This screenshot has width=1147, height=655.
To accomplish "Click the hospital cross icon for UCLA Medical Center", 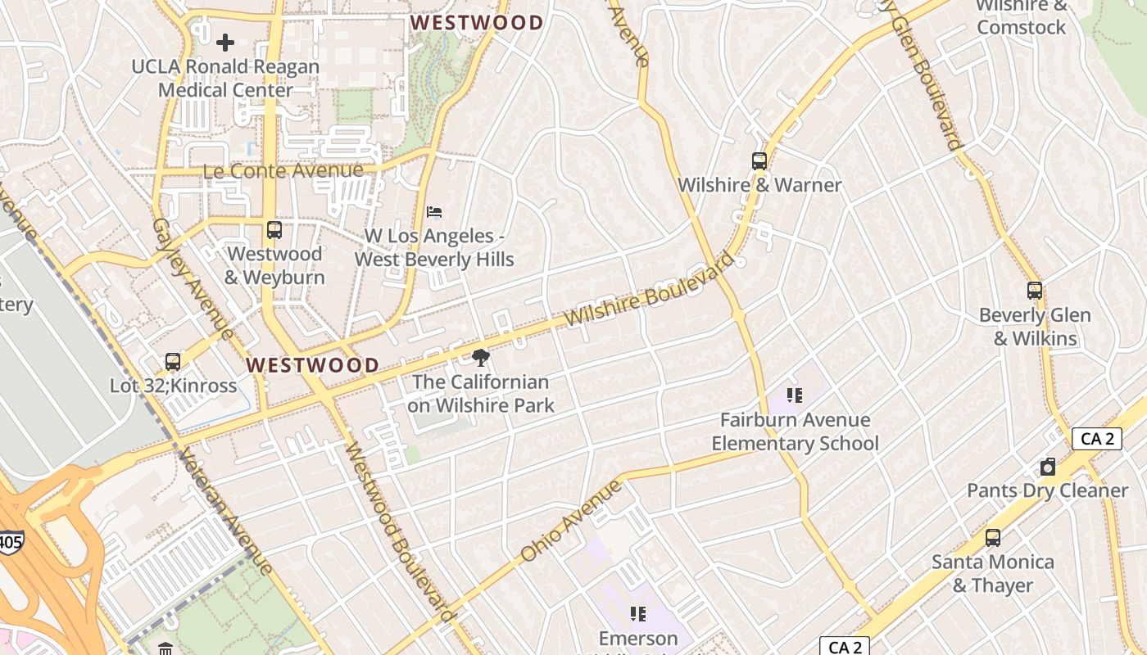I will tap(225, 42).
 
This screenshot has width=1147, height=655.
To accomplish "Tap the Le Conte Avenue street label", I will tap(283, 170).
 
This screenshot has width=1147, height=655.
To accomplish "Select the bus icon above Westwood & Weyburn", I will tap(274, 230).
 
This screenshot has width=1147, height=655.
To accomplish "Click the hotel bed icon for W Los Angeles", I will tap(434, 213).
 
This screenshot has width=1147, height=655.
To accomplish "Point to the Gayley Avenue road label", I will tap(193, 278).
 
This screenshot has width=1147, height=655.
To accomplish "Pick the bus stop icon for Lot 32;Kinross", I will tap(173, 361).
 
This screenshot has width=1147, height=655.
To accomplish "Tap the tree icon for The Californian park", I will tap(481, 358).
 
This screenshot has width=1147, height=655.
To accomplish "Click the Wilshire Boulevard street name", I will tap(651, 291).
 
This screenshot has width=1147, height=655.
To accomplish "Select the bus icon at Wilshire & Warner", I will tap(759, 161).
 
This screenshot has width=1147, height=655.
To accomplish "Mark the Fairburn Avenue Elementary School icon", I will tap(794, 396).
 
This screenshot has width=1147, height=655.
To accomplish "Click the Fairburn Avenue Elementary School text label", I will tap(795, 431).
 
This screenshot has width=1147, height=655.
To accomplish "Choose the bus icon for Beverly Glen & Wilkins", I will tap(1035, 291).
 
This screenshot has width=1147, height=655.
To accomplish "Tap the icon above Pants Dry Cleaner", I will tap(1047, 467).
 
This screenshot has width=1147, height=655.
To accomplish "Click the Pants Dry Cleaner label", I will tap(1047, 490).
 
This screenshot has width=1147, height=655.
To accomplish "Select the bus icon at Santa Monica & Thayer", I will tap(993, 538).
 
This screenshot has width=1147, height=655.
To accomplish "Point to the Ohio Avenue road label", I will tap(571, 522).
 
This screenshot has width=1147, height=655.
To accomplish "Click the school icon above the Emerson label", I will tap(638, 614).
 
